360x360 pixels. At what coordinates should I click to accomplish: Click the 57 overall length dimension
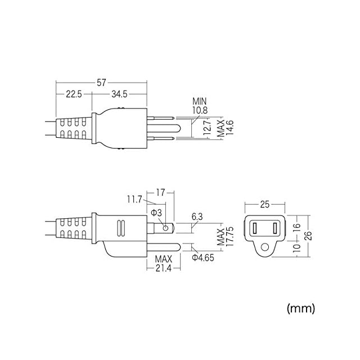click(x=101, y=83)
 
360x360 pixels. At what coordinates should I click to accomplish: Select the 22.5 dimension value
click(x=74, y=94)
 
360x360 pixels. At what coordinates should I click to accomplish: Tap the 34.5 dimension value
click(x=119, y=94)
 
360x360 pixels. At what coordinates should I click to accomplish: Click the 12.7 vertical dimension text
click(x=207, y=127)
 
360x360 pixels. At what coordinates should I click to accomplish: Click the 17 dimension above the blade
click(x=160, y=192)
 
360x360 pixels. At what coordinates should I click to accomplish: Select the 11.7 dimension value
click(x=134, y=200)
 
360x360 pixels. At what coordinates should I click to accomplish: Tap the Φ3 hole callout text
click(x=156, y=213)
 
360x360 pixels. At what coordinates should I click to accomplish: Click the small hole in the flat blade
click(x=165, y=228)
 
